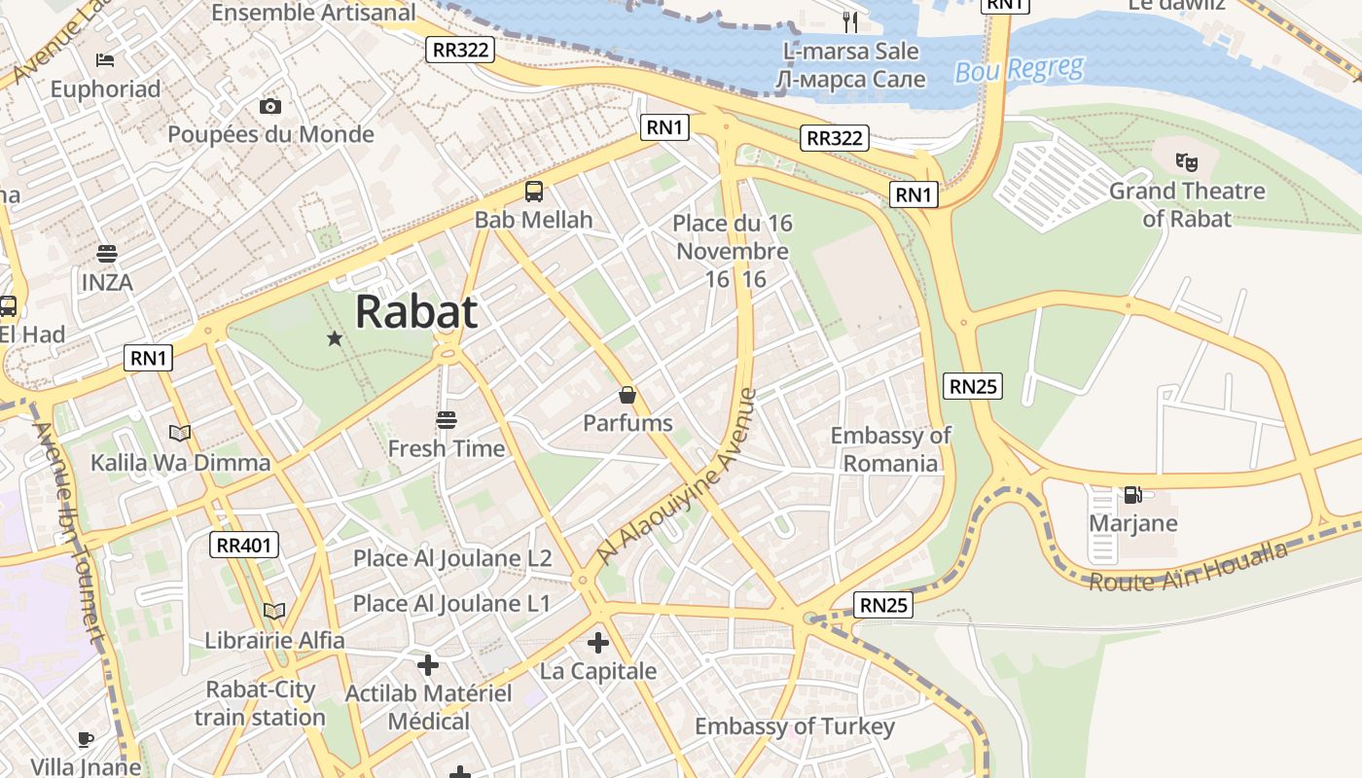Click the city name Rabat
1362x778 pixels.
[416, 312]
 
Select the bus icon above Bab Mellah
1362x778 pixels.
[534, 191]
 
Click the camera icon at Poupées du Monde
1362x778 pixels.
[270, 106]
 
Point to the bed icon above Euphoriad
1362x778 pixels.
[105, 60]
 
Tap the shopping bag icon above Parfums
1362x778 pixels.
[627, 395]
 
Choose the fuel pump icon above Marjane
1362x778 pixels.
[1132, 494]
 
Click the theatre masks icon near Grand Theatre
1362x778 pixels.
[1186, 161]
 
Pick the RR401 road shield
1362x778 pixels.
[244, 545]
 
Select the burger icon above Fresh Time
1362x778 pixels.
[447, 420]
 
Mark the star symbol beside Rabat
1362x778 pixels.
[335, 338]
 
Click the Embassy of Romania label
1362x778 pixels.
[890, 449]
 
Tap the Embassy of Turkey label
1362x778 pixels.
[794, 726]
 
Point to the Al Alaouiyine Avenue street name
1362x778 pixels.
[677, 477]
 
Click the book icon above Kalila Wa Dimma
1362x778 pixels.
[180, 433]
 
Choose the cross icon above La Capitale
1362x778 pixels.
[598, 643]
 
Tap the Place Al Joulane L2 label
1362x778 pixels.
[452, 558]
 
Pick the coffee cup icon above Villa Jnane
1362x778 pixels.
[86, 739]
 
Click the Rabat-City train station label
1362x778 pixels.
[260, 704]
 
